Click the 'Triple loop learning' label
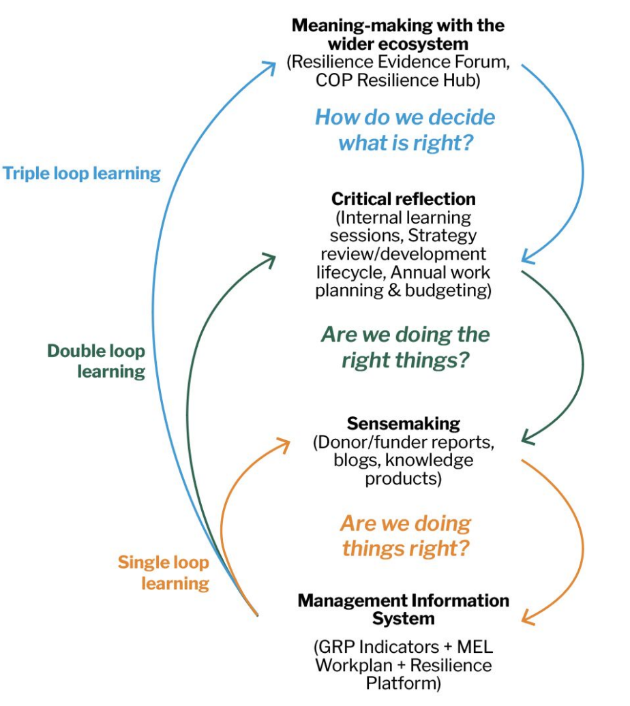coord(82,173)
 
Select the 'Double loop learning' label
coord(97,361)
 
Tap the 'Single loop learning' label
coord(164,573)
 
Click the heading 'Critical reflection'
coord(404,199)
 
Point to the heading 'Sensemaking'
coord(404,423)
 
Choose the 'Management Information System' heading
coord(404,610)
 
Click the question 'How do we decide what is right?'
coord(405,129)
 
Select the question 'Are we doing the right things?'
coord(405,347)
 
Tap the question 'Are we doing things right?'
coord(405,536)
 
